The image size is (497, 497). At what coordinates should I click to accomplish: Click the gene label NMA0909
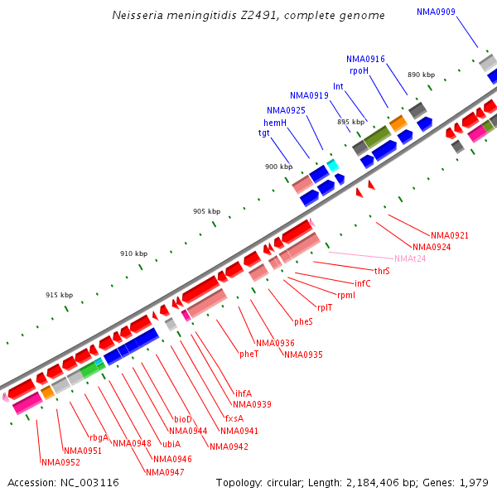(436, 12)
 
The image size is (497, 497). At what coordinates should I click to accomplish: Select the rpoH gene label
(359, 71)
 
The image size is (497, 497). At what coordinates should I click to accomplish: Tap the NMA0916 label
(365, 59)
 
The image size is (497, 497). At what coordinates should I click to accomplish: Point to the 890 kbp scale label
(421, 75)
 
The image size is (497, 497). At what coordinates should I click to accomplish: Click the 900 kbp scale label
(278, 167)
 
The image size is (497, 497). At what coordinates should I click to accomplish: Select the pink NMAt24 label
(410, 258)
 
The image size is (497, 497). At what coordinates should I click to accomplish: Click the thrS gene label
(382, 271)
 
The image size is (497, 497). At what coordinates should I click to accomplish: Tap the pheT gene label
(249, 354)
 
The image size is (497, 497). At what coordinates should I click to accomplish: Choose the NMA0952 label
(60, 462)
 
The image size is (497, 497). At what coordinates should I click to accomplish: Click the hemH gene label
(275, 123)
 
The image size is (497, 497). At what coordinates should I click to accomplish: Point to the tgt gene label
(264, 133)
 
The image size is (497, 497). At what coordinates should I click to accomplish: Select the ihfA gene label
(244, 393)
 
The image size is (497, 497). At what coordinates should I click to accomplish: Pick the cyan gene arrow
(333, 166)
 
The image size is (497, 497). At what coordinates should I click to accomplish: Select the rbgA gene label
(99, 437)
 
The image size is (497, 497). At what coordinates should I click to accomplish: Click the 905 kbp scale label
(206, 211)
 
